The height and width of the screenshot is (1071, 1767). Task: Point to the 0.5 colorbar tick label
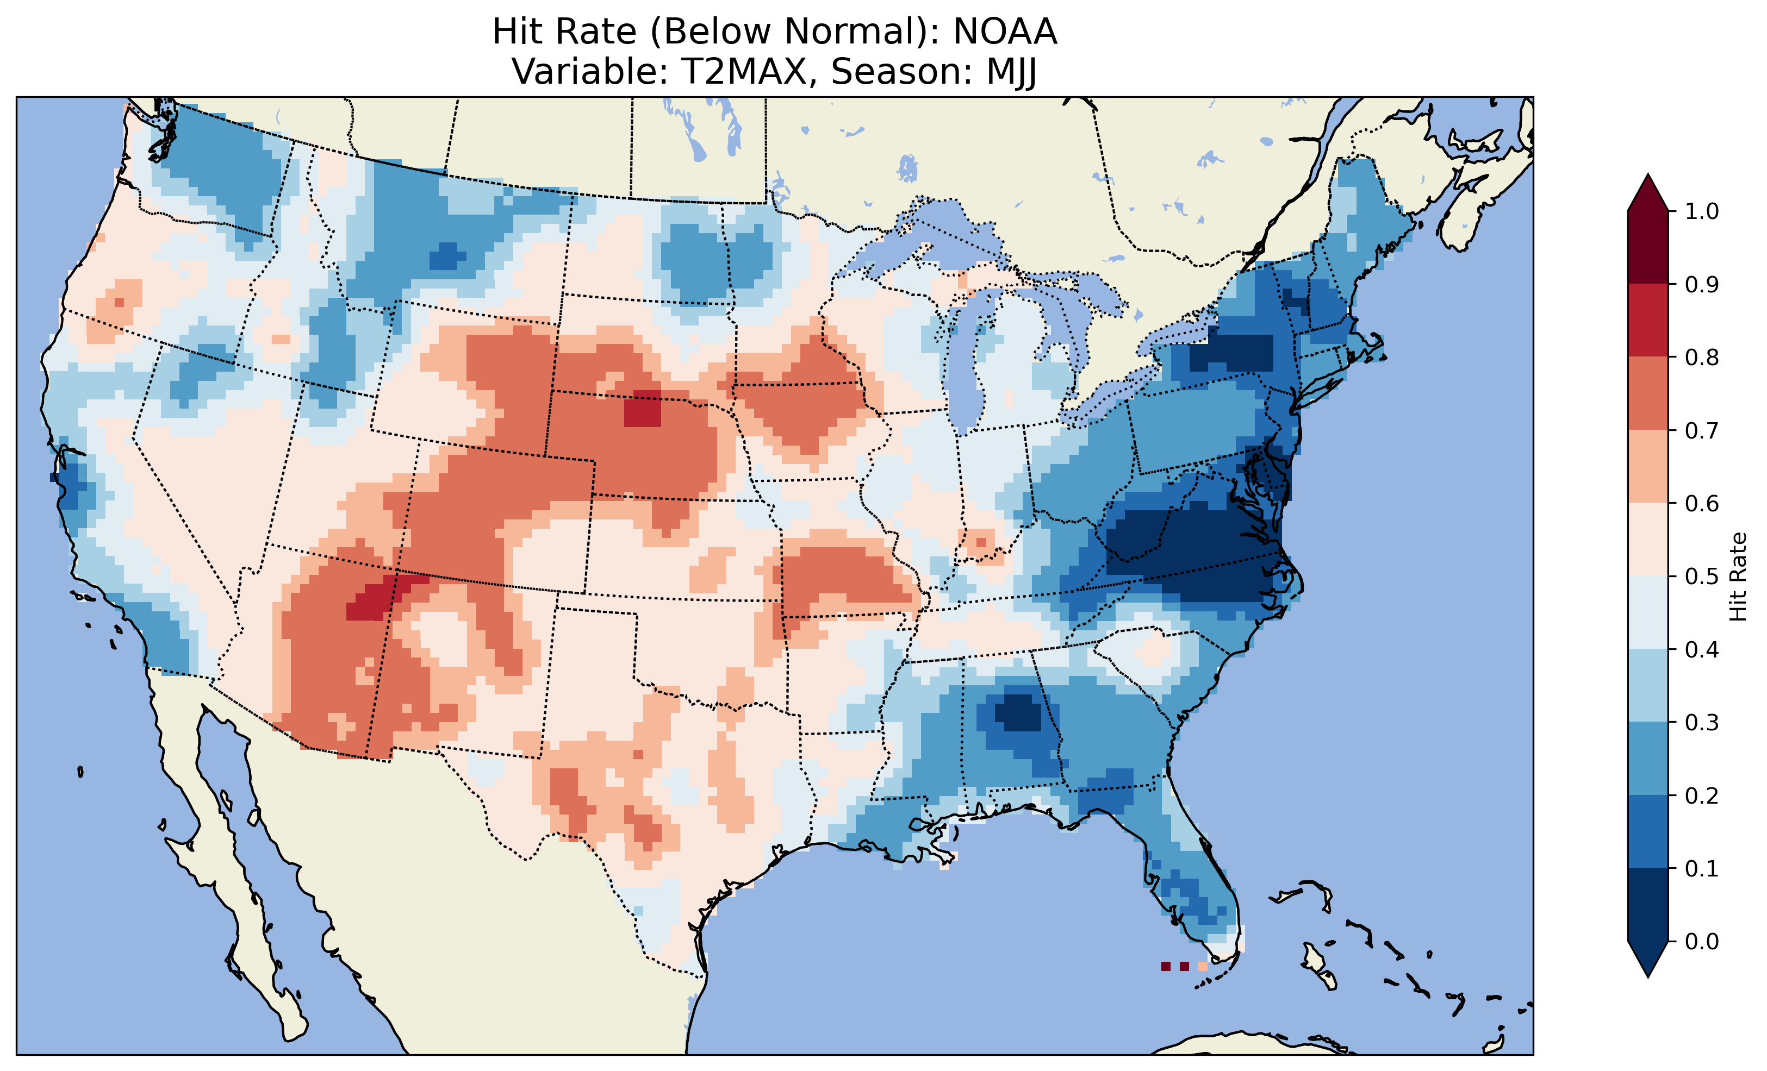[1702, 577]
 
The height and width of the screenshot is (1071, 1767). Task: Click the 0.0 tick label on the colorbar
[1702, 941]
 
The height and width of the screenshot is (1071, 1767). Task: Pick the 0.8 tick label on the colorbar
[1702, 357]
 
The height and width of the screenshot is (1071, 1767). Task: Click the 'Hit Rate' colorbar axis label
[1738, 577]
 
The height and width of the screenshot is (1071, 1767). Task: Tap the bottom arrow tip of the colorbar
[1648, 976]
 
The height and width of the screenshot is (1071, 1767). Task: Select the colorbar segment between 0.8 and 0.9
[1648, 321]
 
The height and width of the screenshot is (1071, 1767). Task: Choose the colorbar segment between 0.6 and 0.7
[1648, 466]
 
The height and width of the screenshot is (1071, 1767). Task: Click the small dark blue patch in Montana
[447, 256]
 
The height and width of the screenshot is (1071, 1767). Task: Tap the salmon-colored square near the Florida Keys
[1203, 966]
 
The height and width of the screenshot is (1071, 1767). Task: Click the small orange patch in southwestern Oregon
[119, 302]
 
